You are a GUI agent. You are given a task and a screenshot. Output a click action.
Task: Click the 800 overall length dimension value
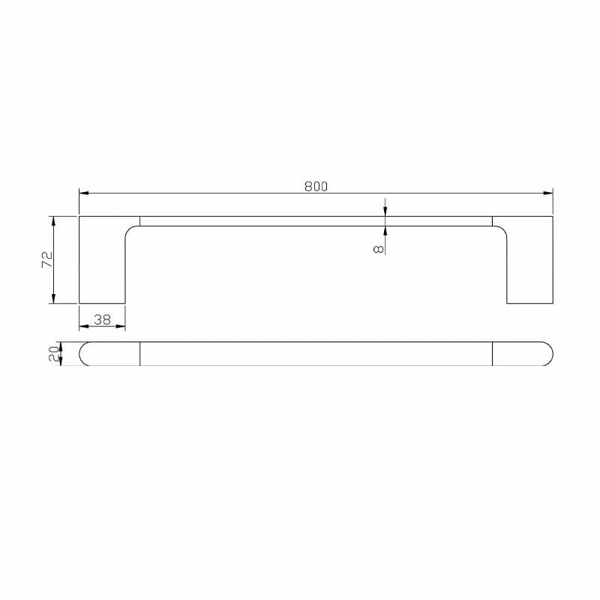coord(316,187)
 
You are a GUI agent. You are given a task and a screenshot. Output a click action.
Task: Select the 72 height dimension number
coord(46,259)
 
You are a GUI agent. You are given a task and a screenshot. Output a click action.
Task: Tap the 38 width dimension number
coord(102,319)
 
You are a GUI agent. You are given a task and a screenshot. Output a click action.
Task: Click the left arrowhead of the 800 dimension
coord(83,193)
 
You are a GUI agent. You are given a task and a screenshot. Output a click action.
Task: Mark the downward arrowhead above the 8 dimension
coord(385,211)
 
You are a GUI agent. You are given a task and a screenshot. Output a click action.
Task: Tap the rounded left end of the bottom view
coord(84,353)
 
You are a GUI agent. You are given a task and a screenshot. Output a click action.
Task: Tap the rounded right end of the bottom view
coord(548,353)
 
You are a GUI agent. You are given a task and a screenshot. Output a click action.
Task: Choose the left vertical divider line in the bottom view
coord(140,353)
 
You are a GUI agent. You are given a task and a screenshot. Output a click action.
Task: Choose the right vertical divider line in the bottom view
coord(492,353)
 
